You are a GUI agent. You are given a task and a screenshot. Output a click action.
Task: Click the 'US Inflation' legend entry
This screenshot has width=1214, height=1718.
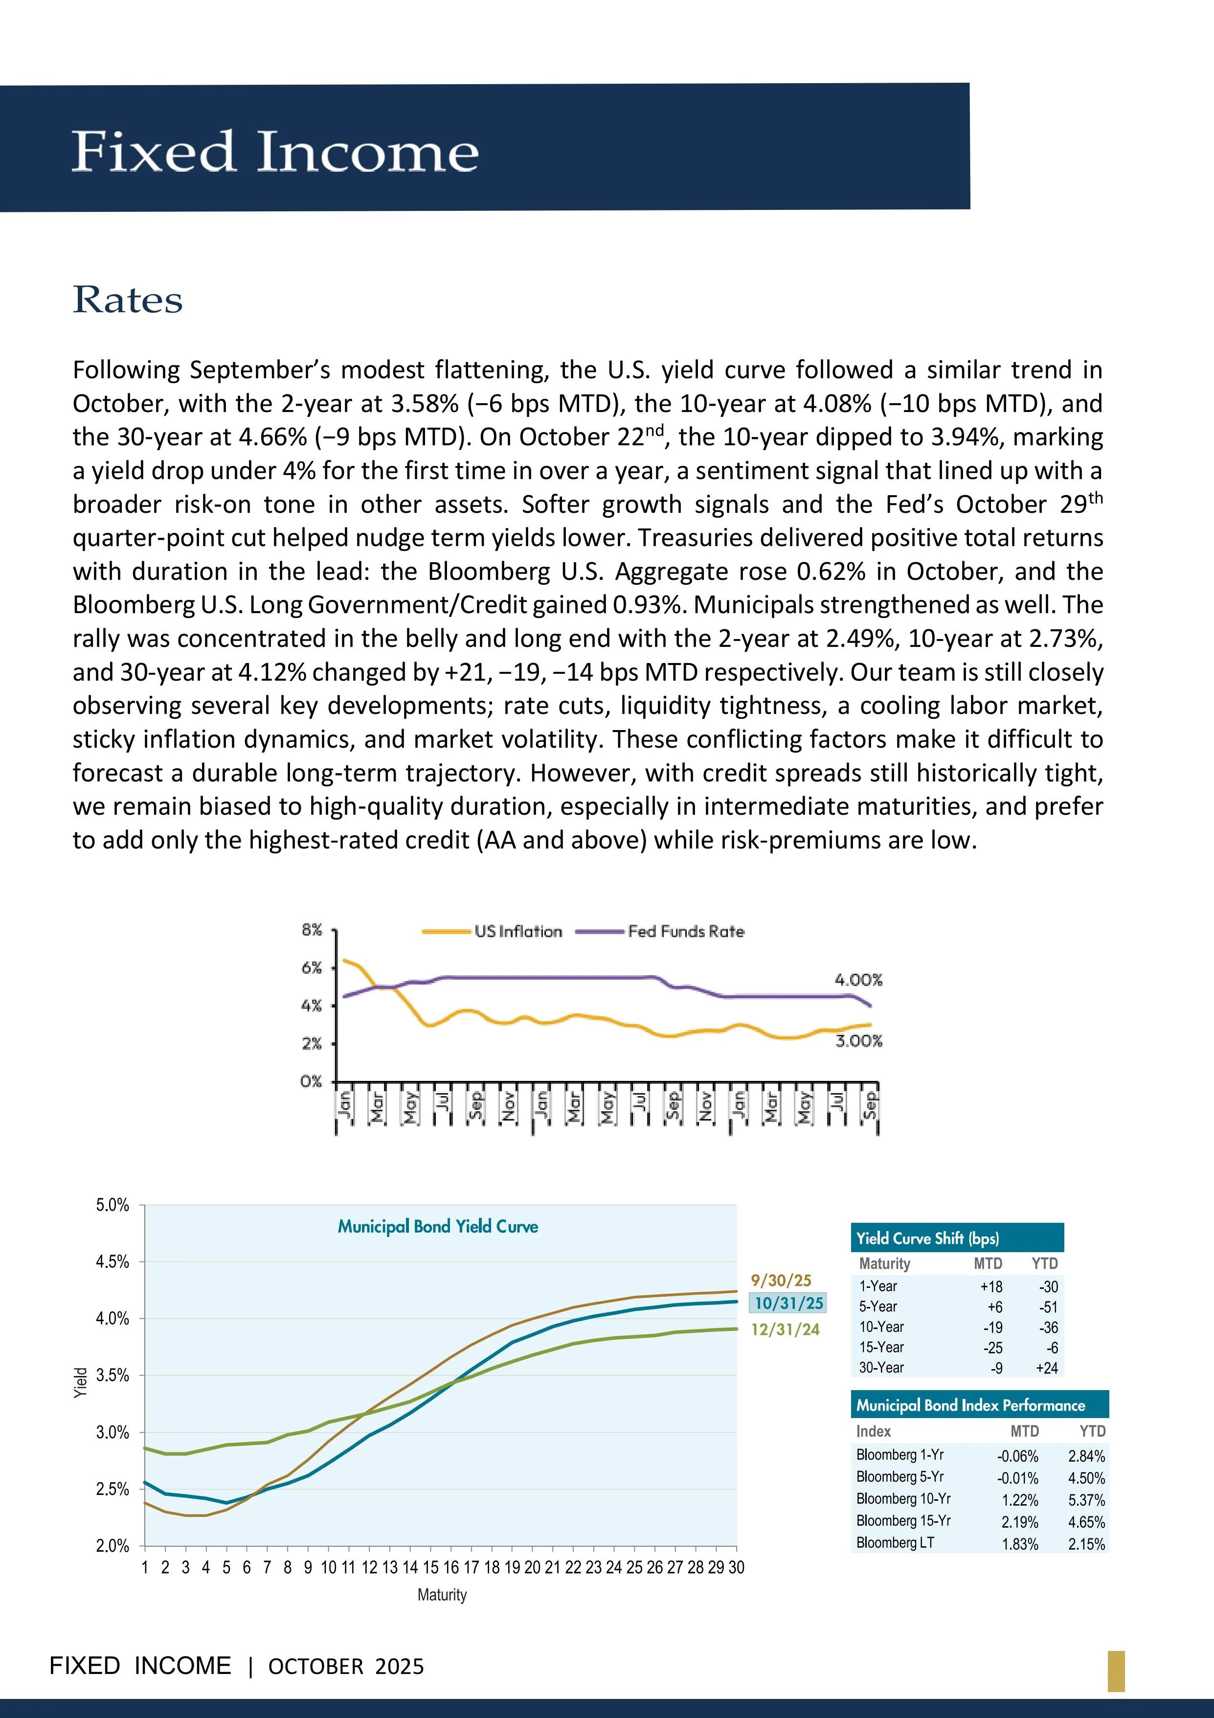point(517,932)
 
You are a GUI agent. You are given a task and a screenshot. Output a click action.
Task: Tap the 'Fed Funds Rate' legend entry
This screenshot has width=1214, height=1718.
point(686,932)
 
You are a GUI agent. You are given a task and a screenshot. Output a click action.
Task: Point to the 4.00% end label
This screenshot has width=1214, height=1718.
point(858,980)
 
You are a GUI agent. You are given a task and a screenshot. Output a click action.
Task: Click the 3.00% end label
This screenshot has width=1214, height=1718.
point(859,1041)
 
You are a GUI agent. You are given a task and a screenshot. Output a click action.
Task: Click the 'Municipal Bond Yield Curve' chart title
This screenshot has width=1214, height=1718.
point(438,1226)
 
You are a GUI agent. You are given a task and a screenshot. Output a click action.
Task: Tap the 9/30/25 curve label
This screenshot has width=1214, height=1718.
point(781,1280)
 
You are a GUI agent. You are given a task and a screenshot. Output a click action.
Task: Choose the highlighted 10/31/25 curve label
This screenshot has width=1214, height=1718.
point(788,1303)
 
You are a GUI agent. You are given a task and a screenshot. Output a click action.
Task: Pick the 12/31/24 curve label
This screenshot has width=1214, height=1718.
point(786,1329)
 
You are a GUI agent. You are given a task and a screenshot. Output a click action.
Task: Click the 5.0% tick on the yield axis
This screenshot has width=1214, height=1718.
point(112,1206)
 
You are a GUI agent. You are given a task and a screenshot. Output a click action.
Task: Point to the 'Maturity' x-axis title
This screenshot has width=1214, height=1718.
point(442,1595)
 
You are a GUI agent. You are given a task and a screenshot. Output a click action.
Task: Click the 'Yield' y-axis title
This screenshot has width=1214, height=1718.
point(81,1383)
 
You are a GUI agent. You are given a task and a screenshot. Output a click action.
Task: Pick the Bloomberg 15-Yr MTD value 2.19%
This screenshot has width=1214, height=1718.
point(1019,1522)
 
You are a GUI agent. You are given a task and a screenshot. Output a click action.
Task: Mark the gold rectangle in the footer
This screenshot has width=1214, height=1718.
point(1116,1672)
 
